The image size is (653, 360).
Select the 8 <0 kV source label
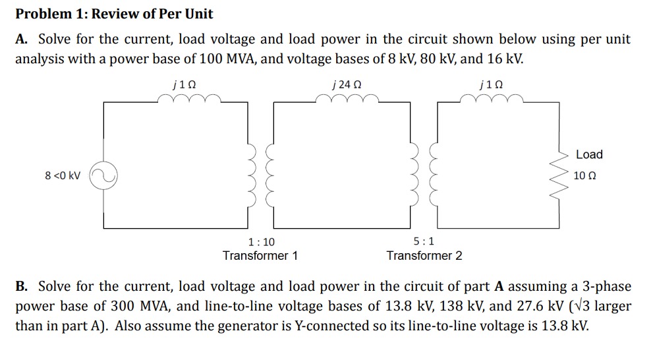click(x=63, y=176)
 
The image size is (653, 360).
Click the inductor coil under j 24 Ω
click(x=347, y=100)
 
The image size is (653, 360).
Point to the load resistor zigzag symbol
click(x=561, y=176)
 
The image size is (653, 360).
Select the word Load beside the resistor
click(x=588, y=154)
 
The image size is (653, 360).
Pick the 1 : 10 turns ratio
click(x=260, y=242)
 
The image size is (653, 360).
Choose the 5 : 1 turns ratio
click(x=424, y=242)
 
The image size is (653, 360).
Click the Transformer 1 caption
click(x=260, y=256)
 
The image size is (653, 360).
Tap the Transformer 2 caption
click(x=424, y=256)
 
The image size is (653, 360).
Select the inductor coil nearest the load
click(x=492, y=100)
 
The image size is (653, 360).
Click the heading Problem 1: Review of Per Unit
click(x=114, y=14)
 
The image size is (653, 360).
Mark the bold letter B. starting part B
click(x=22, y=287)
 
